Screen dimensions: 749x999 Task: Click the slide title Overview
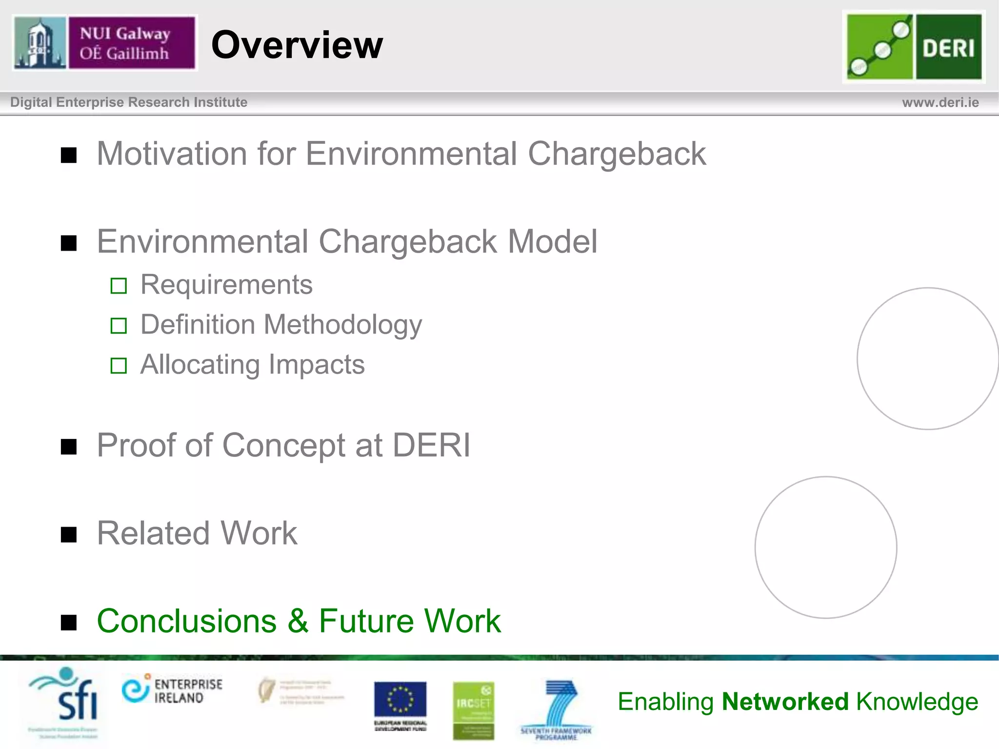pos(297,45)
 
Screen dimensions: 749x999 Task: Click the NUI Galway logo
pos(104,43)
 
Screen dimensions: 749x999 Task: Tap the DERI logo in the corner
pos(914,47)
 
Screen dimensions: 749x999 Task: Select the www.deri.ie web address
pos(940,102)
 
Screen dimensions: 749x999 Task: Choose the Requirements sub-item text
pos(226,285)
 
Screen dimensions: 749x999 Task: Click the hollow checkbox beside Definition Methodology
pos(119,326)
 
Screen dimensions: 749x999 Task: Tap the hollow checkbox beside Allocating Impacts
pos(119,366)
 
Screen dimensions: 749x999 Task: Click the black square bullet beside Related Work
pos(69,535)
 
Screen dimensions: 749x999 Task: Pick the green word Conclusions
pos(187,621)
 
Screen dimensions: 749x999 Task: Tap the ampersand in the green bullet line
pos(298,621)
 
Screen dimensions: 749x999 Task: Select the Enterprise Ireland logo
pos(172,690)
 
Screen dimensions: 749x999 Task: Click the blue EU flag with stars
pos(400,700)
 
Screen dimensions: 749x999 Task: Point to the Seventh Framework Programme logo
pos(556,708)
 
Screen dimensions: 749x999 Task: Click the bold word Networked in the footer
pos(785,702)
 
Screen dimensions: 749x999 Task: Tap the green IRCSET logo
pos(473,710)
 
